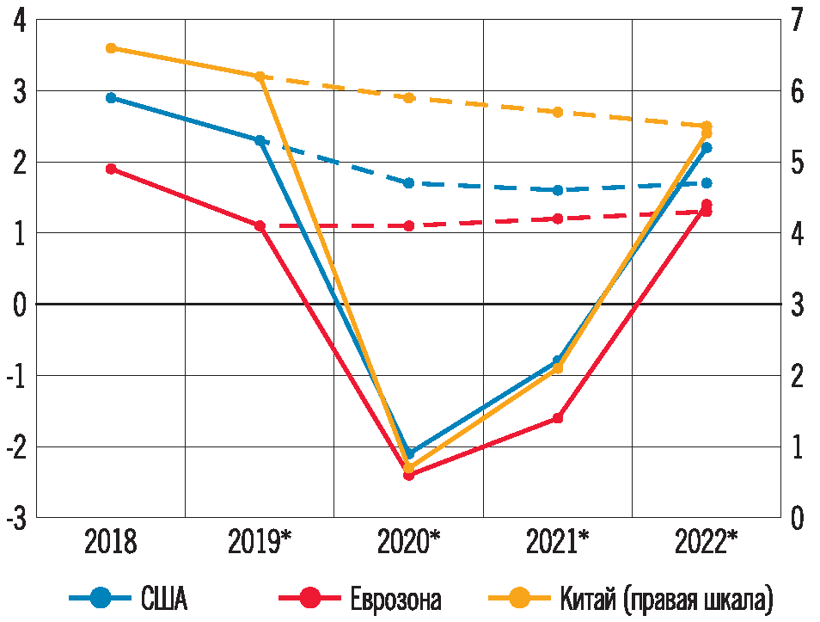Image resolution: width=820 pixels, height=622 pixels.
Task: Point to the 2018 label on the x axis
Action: point(111,543)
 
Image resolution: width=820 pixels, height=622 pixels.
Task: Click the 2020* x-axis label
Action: point(409,543)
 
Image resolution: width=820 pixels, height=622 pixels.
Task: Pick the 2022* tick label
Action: point(707,543)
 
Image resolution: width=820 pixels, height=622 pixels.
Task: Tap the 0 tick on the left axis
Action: point(19,305)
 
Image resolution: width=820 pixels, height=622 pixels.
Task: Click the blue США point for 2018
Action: point(111,98)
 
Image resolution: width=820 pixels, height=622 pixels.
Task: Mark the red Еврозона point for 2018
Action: point(111,169)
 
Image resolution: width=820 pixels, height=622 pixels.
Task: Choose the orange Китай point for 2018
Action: point(111,48)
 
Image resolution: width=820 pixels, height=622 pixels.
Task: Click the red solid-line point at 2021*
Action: point(558,418)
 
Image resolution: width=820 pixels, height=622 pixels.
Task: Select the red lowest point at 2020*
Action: point(409,475)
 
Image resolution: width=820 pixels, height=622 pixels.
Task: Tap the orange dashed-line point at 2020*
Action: point(409,98)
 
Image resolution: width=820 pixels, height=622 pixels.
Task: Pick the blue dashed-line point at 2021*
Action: point(558,190)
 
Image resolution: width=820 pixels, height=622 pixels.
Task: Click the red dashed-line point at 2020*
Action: point(409,225)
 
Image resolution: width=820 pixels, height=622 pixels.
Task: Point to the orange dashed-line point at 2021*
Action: point(558,112)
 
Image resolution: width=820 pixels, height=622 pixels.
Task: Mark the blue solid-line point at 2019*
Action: point(260,140)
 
